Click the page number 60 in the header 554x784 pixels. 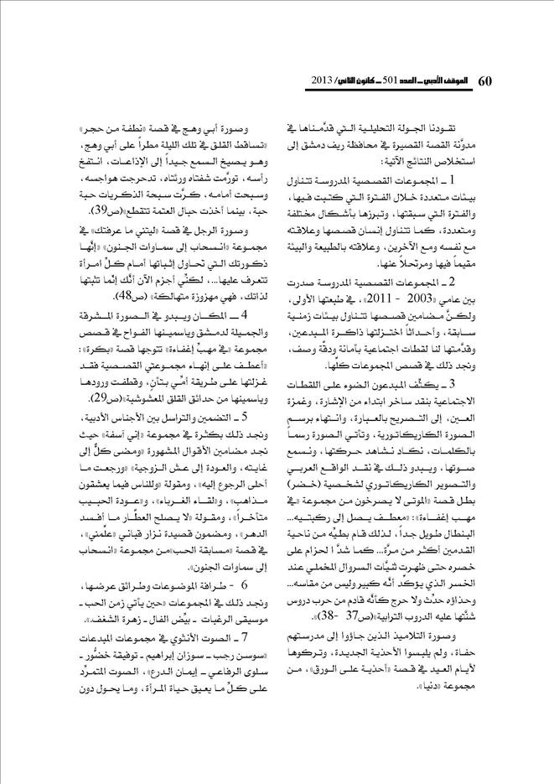(x=488, y=80)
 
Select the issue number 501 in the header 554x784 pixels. (x=388, y=81)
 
